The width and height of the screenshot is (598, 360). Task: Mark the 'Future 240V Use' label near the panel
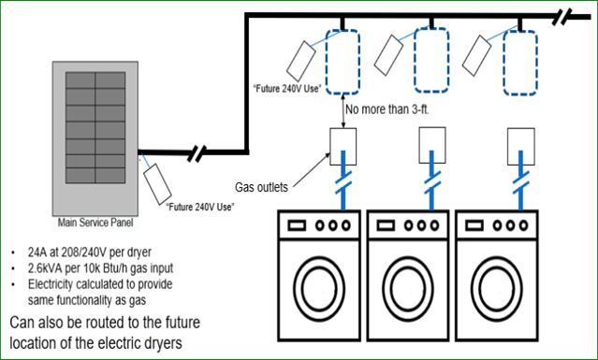click(x=199, y=205)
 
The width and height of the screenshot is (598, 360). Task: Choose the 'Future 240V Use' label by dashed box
click(x=286, y=88)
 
